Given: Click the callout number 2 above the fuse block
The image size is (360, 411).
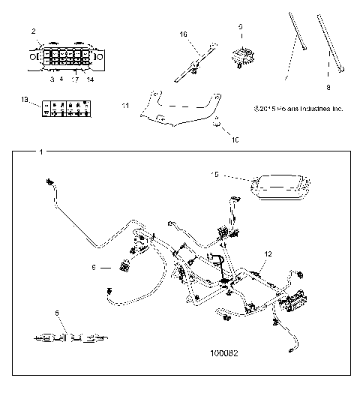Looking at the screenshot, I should (32, 31).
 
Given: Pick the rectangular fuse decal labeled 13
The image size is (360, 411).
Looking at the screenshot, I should (67, 106).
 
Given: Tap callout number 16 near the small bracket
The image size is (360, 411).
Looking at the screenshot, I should (182, 34).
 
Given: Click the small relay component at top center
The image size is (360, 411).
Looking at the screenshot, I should (242, 55).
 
